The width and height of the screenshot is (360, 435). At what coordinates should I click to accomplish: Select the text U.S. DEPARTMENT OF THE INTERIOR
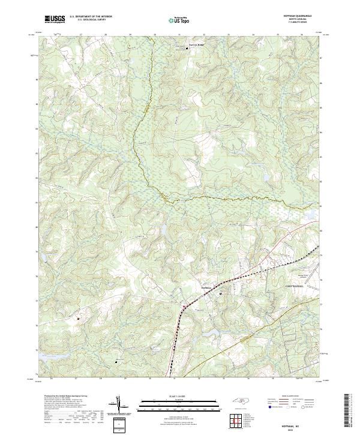tap(91, 17)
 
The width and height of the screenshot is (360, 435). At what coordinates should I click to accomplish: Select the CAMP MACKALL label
tap(295, 287)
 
